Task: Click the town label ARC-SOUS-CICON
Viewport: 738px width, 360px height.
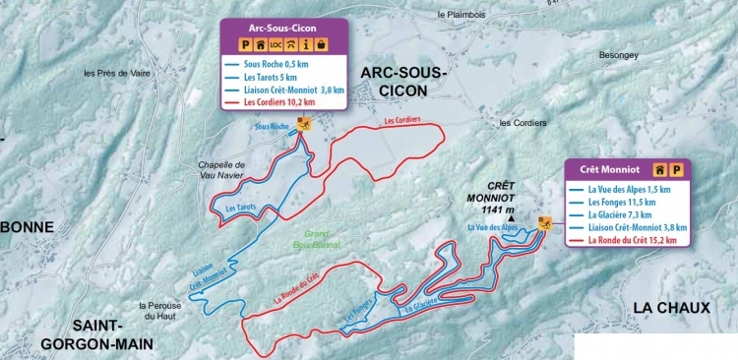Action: click(402, 82)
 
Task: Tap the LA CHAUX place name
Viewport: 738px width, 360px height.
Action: click(671, 308)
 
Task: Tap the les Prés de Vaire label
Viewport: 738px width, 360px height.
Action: click(115, 73)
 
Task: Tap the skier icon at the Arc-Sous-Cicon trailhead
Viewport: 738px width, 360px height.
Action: click(305, 126)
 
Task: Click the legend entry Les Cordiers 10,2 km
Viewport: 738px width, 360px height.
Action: click(281, 101)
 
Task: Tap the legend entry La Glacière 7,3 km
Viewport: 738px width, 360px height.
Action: click(618, 212)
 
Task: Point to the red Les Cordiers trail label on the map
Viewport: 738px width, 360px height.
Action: click(402, 120)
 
